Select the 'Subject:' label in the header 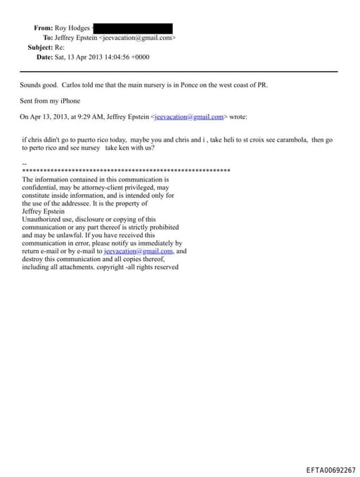(x=40, y=47)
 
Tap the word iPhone (x=70, y=101)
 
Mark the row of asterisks (x=127, y=171)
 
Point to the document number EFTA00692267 (x=330, y=469)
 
